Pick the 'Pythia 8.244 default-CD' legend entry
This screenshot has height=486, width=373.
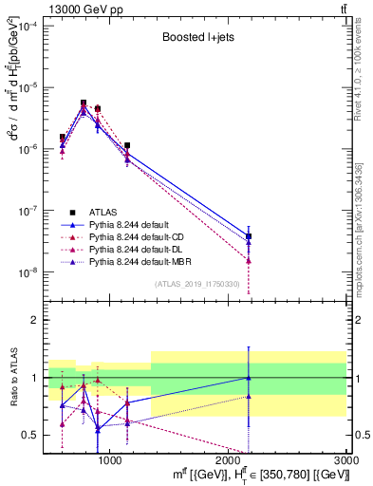(141, 237)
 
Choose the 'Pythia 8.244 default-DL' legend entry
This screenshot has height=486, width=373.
(141, 250)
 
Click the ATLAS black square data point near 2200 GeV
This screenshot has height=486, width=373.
(249, 236)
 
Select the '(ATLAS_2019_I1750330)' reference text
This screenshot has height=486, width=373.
(195, 284)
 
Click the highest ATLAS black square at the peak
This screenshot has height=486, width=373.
(84, 103)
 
